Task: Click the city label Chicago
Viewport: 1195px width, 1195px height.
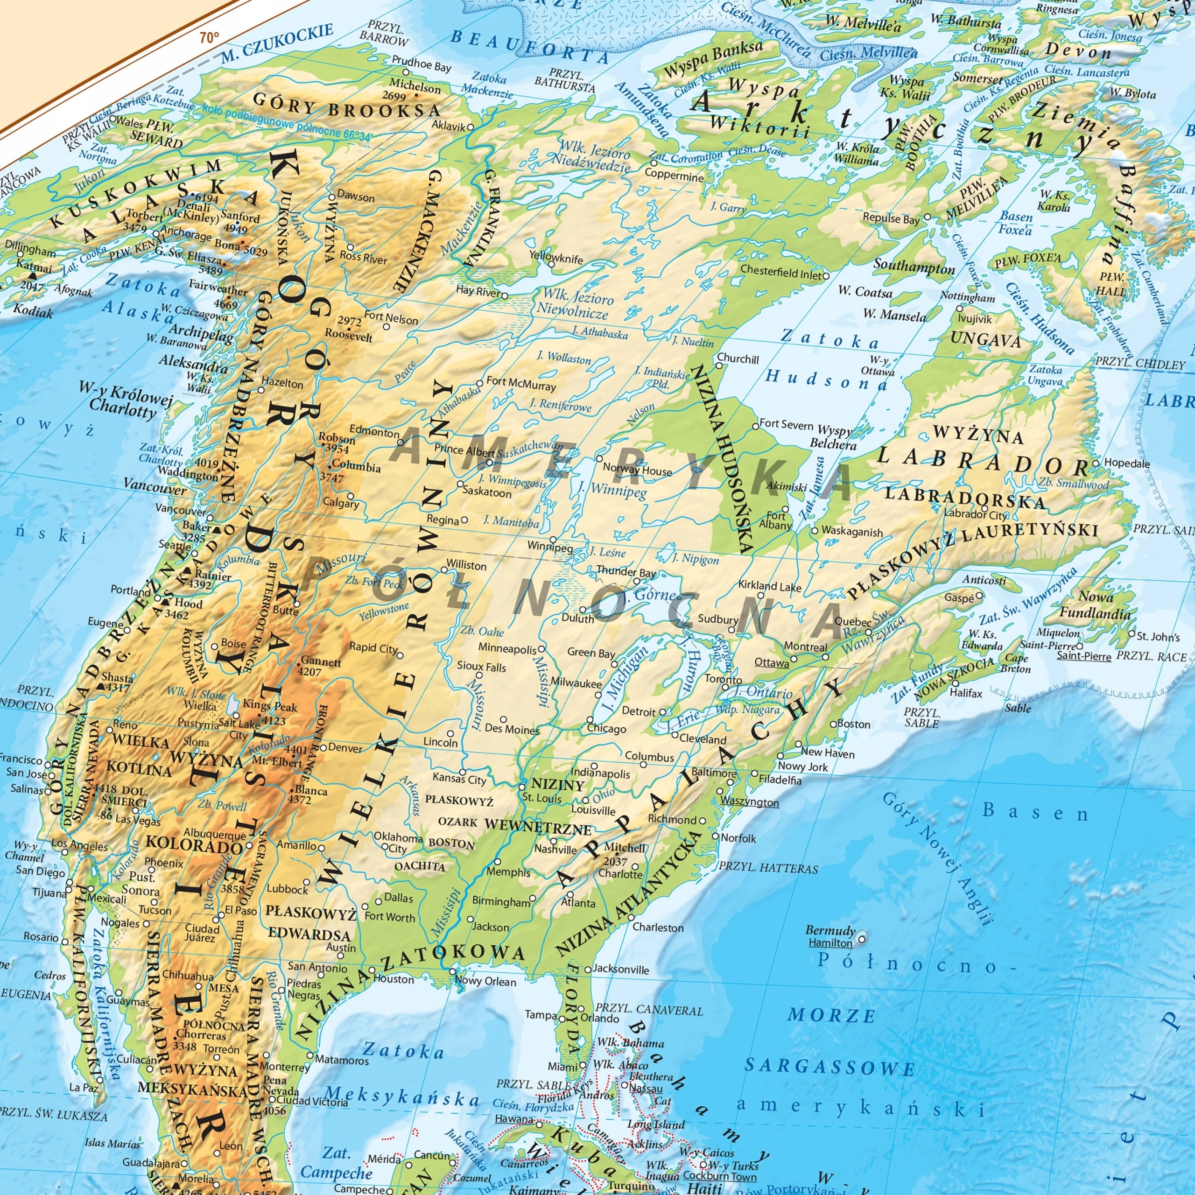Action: click(x=606, y=728)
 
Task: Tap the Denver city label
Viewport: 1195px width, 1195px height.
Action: click(x=345, y=748)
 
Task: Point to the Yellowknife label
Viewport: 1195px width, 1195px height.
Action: click(x=555, y=259)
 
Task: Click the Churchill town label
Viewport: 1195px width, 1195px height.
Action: click(x=738, y=359)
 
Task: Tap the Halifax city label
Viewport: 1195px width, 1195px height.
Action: click(x=966, y=693)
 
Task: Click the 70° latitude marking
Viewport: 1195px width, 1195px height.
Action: click(x=209, y=38)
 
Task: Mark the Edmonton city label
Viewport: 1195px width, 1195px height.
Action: click(x=374, y=432)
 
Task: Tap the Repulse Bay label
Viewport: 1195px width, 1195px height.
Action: click(x=891, y=218)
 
